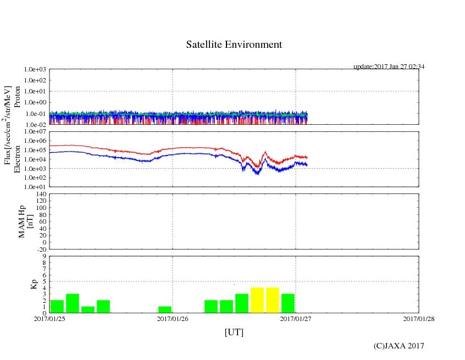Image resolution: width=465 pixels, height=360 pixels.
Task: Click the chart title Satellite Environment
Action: point(234,45)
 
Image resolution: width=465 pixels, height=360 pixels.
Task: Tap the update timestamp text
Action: point(389,67)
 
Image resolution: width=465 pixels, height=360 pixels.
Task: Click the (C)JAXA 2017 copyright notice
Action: point(398,346)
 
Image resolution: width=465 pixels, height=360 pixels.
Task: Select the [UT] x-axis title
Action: point(234,332)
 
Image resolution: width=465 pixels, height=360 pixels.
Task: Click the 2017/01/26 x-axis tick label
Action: point(173,318)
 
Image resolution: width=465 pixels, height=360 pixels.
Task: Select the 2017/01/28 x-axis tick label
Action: point(419,318)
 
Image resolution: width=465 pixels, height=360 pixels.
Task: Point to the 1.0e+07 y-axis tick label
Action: point(36,132)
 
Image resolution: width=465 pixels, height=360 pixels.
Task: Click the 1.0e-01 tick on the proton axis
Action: point(36,114)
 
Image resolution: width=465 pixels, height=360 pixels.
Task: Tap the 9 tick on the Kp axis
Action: point(44,256)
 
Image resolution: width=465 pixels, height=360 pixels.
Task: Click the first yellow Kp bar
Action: point(257,300)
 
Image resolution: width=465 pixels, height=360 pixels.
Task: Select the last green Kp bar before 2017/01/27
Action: point(288,303)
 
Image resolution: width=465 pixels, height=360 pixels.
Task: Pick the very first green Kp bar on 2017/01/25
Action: point(57,306)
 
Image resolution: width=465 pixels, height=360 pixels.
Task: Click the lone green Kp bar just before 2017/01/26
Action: point(165,309)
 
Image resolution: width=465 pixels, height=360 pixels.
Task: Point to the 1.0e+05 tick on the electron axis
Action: point(36,150)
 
